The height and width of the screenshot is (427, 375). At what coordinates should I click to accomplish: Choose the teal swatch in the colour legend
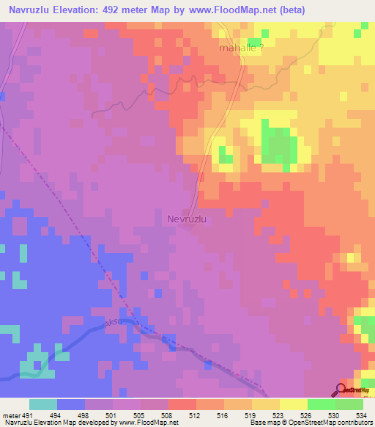coord(42,404)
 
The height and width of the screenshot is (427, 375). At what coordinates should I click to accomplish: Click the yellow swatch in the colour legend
coord(293,404)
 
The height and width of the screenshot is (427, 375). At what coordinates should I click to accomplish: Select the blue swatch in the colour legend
coord(70,404)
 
